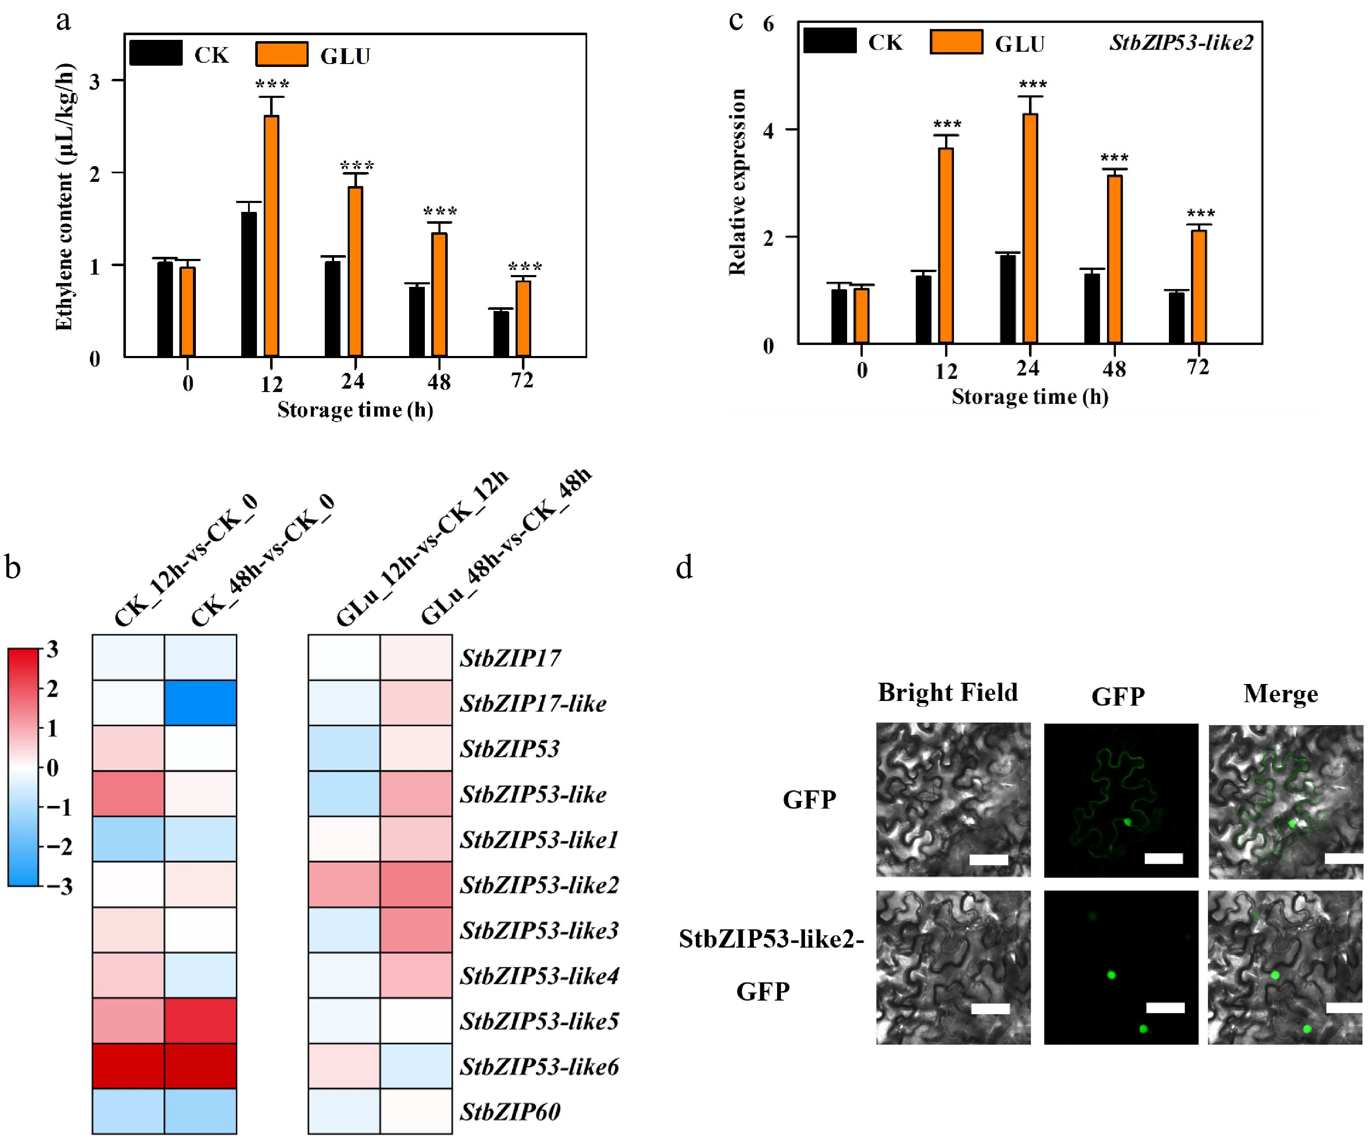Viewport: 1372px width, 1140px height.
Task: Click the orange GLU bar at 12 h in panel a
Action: (x=271, y=236)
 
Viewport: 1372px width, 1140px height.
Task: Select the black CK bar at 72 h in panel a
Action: (x=501, y=334)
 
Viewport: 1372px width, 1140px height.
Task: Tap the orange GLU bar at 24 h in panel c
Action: (x=1030, y=228)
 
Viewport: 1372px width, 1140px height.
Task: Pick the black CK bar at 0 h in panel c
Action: (x=839, y=315)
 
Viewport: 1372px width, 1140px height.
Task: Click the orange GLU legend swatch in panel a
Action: (x=282, y=54)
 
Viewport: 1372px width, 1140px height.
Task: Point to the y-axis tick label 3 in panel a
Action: (x=95, y=81)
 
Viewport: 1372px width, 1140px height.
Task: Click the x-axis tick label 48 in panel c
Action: (x=1114, y=370)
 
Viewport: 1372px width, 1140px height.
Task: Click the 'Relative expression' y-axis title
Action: (x=737, y=182)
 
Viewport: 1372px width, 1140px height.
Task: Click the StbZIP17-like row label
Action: (x=533, y=703)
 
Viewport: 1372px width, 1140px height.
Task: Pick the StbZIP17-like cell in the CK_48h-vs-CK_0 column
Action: (x=200, y=703)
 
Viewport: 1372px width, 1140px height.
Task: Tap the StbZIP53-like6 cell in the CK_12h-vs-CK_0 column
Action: (x=128, y=1066)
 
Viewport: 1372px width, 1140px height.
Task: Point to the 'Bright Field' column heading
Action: (x=947, y=692)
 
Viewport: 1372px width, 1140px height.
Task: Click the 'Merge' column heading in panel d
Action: (x=1280, y=693)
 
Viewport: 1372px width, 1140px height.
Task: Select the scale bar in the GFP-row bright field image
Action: (x=988, y=860)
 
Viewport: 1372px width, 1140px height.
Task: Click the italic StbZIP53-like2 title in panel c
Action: (x=1181, y=43)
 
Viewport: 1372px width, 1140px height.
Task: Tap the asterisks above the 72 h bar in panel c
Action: (x=1201, y=214)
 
